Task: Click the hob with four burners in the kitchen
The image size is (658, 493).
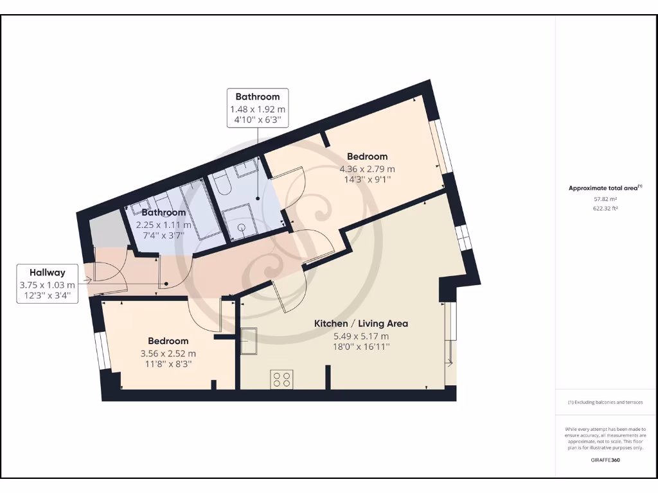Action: (281, 379)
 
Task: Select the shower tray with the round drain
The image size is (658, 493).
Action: (242, 224)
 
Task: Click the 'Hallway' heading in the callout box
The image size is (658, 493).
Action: (47, 272)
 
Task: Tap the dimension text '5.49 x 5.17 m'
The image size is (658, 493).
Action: (360, 336)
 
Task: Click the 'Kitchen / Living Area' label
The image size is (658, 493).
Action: (360, 324)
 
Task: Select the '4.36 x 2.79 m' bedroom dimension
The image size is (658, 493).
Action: (367, 169)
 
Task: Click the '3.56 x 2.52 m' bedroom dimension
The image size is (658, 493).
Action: (168, 353)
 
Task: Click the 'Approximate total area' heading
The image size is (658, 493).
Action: (604, 188)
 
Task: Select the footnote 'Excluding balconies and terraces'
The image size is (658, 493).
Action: (605, 402)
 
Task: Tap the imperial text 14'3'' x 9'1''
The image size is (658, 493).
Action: (367, 180)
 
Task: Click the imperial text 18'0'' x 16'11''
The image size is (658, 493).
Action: (360, 347)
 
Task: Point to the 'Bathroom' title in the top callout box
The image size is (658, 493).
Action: (257, 97)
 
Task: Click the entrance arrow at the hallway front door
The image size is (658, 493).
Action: (87, 280)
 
